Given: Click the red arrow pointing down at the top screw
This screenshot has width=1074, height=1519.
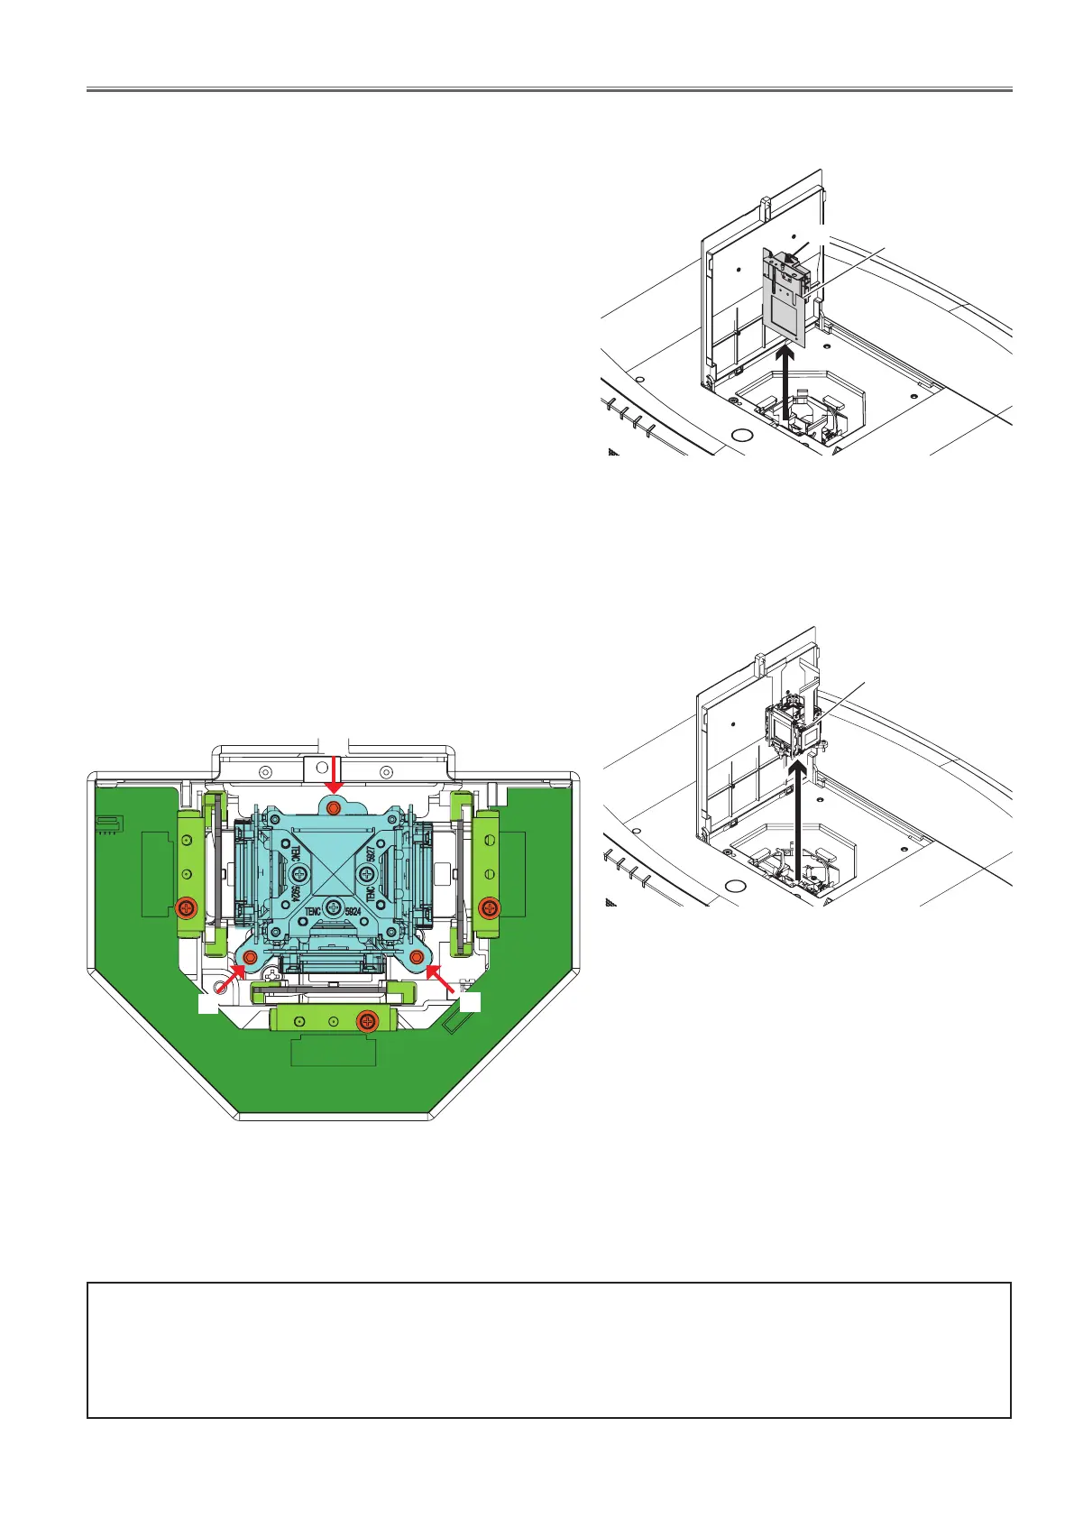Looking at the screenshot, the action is (335, 773).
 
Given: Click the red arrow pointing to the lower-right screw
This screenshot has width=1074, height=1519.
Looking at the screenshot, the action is (440, 978).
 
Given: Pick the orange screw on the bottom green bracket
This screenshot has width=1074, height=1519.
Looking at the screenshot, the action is (366, 1021).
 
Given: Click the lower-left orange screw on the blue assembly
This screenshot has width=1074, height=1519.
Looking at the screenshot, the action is (252, 956).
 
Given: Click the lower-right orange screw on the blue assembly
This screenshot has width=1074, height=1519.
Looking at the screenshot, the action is (418, 956).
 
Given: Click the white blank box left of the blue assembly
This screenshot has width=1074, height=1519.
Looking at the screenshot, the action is (208, 1003).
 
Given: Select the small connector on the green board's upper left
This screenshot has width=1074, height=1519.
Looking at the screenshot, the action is (106, 824).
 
